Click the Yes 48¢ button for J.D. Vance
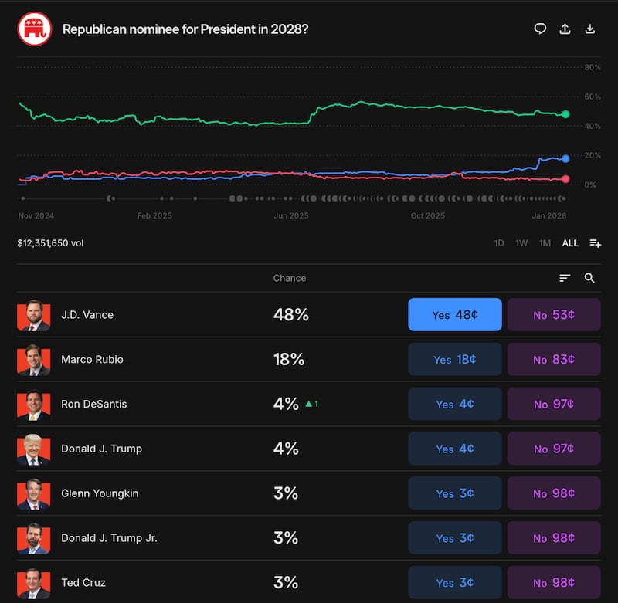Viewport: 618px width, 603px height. pos(454,315)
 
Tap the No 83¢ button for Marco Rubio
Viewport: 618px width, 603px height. pos(554,360)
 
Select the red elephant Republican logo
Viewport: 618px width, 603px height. pos(34,29)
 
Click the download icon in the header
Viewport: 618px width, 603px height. pos(590,29)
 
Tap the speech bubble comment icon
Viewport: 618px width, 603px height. pos(540,29)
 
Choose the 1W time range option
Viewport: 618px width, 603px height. pos(522,243)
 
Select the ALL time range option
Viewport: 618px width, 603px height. pos(570,243)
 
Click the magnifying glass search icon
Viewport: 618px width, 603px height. pos(589,278)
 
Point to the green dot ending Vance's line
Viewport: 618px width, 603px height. pos(565,114)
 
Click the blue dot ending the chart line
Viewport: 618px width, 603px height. pos(565,158)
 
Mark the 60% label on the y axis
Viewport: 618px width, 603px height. pos(593,97)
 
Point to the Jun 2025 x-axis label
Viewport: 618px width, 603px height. pos(291,215)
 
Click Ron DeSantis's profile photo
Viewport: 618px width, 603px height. pos(33,404)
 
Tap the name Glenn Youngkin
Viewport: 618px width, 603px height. pos(100,493)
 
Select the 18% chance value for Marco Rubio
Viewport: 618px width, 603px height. pos(289,360)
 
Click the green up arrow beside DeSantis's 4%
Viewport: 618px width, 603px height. pos(308,404)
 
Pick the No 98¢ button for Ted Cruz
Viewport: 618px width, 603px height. pos(554,583)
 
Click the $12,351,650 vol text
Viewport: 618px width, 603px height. pos(50,243)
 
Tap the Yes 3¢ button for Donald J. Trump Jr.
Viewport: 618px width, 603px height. pos(454,538)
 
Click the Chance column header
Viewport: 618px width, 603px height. pos(290,278)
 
